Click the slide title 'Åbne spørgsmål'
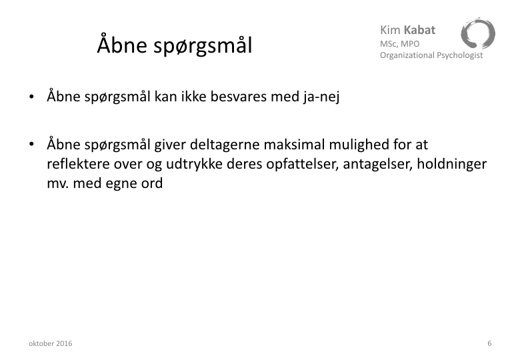point(175,45)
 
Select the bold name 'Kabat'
point(419,30)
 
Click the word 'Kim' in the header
point(390,30)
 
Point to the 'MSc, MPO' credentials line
point(399,44)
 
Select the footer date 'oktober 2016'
point(51,343)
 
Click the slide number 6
point(489,343)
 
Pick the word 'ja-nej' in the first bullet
point(321,97)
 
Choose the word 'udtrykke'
point(194,164)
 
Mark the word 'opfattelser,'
point(303,164)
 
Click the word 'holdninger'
point(452,164)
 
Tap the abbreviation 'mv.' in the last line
point(58,183)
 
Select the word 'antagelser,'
point(378,165)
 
